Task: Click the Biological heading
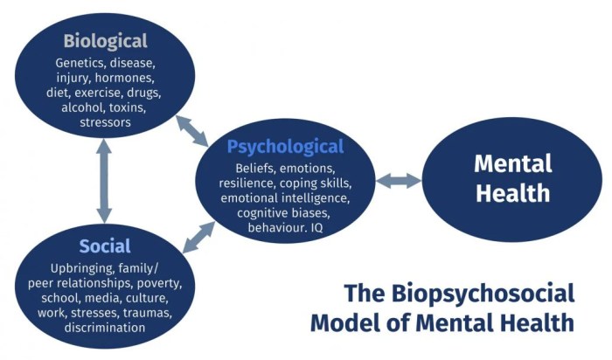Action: click(x=105, y=41)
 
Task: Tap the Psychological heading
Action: click(x=285, y=146)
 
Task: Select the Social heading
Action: click(x=105, y=246)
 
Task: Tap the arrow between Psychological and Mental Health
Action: click(x=399, y=181)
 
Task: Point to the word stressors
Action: click(x=105, y=122)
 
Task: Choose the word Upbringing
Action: click(x=85, y=267)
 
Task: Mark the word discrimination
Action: click(x=105, y=327)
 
